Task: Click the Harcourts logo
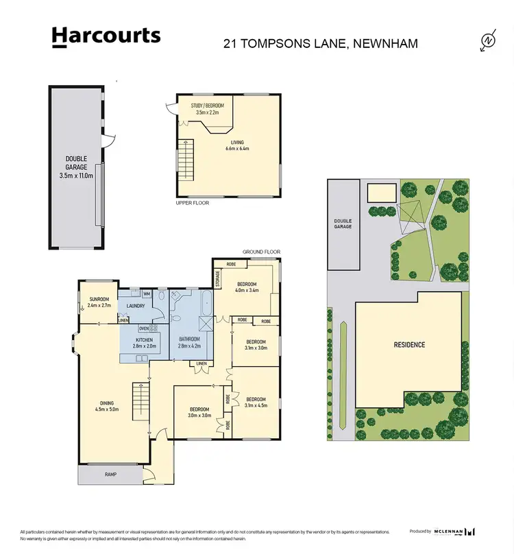click(x=106, y=37)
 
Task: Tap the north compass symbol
click(x=488, y=41)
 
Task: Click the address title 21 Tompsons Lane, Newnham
click(x=321, y=44)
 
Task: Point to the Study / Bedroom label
click(x=208, y=108)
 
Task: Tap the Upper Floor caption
click(x=193, y=203)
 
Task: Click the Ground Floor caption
click(x=262, y=252)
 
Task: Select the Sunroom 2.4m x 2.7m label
click(x=99, y=302)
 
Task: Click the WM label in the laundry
click(x=147, y=293)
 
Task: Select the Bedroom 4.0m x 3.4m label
click(x=246, y=288)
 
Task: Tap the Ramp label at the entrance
click(x=110, y=473)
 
